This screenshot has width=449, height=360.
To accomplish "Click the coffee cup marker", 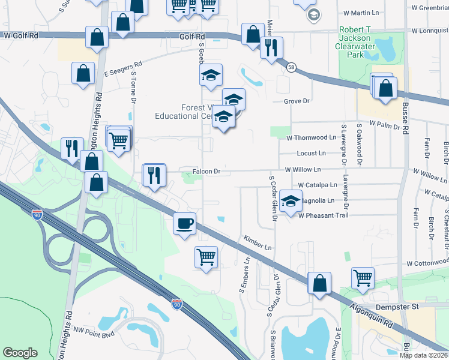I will [184, 223].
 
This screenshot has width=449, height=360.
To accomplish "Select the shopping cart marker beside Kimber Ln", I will [206, 257].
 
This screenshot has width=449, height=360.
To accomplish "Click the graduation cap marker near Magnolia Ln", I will [291, 202].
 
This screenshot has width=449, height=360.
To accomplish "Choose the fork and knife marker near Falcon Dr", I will [154, 175].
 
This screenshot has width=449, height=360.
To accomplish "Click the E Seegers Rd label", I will [122, 69].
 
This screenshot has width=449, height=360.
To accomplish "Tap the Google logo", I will [20, 353].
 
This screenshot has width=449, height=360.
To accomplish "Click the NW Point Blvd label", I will [94, 331].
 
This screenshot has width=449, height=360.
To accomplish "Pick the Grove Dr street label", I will [297, 101].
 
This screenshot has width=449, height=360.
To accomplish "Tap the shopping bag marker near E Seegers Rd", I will [83, 73].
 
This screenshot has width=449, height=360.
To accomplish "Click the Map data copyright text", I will [423, 355].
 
